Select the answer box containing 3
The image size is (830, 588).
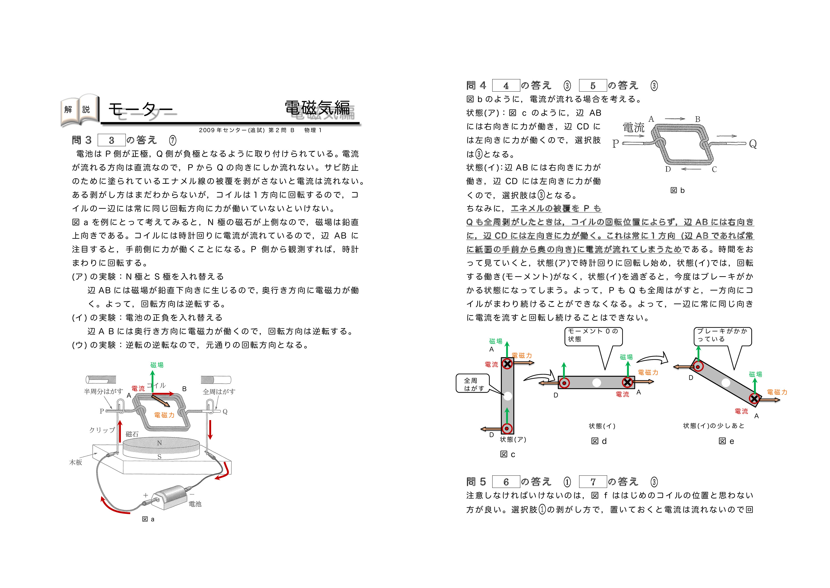(x=112, y=140)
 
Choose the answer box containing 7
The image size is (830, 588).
(x=593, y=482)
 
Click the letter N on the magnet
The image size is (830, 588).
(x=159, y=443)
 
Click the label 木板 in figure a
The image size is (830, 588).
(x=76, y=462)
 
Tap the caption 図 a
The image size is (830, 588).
(x=148, y=519)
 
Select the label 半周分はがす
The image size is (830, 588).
(x=104, y=391)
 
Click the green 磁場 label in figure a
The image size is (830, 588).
(x=157, y=365)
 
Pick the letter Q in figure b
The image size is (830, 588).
(x=753, y=144)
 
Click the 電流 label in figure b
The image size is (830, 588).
(x=633, y=127)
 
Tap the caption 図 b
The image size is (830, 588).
(x=678, y=190)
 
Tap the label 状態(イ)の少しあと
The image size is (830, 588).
(x=714, y=426)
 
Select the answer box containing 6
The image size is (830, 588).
(x=506, y=482)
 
